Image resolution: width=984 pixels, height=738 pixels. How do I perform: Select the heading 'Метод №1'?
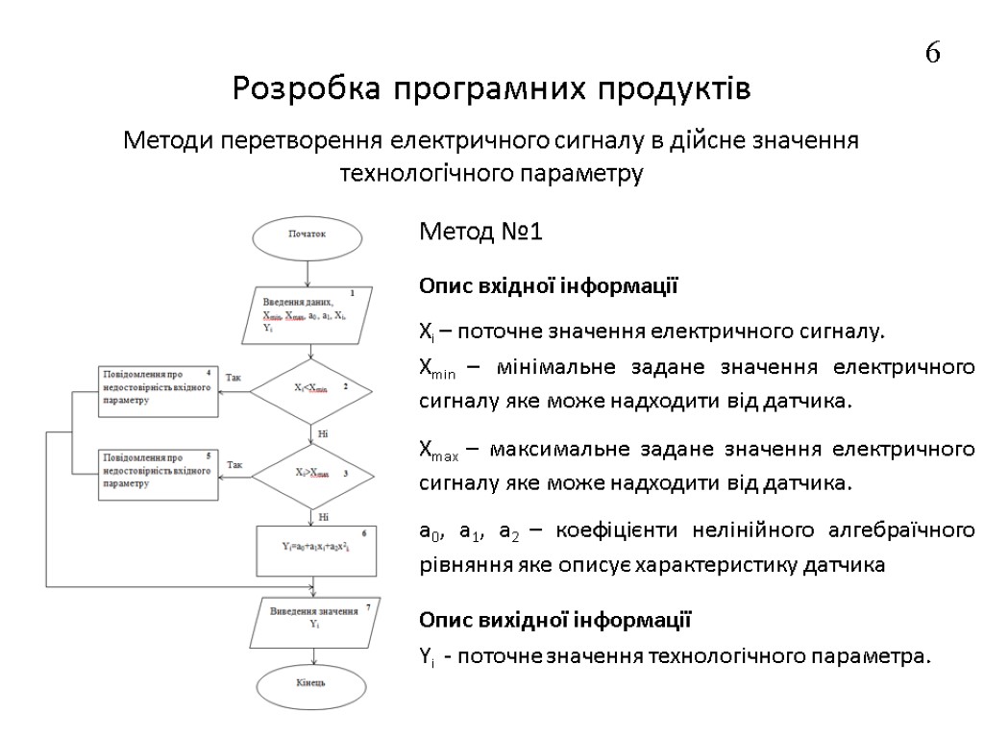[481, 233]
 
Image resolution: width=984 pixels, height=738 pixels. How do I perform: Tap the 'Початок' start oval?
[308, 233]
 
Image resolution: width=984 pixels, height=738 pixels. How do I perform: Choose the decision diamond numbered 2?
[310, 388]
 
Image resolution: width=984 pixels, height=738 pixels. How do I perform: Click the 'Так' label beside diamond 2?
[234, 379]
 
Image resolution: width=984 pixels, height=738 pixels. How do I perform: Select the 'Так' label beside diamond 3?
[234, 465]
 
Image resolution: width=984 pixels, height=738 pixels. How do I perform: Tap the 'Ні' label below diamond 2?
[323, 434]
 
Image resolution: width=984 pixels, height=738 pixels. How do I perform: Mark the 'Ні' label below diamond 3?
[323, 517]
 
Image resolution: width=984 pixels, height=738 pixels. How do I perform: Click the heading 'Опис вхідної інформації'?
[549, 286]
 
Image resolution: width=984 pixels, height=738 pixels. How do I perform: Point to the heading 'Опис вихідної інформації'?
[554, 619]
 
